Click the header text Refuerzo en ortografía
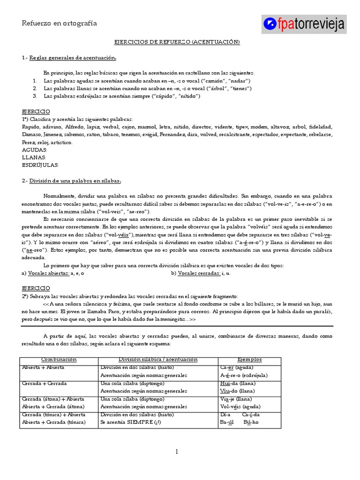(x=60, y=23)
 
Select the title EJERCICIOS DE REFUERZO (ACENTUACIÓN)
(x=177, y=42)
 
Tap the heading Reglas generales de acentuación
(x=73, y=58)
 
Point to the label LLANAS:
(x=34, y=157)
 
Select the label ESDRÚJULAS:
(x=40, y=165)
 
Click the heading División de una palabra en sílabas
(x=75, y=180)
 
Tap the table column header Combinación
(x=59, y=360)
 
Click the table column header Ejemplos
(x=249, y=360)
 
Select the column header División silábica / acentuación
(x=158, y=360)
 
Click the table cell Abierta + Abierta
(x=43, y=367)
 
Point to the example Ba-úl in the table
(x=227, y=422)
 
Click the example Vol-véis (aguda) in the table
(x=240, y=406)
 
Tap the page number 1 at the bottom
(x=177, y=452)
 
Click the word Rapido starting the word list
(x=31, y=127)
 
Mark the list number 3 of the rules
(x=35, y=96)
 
